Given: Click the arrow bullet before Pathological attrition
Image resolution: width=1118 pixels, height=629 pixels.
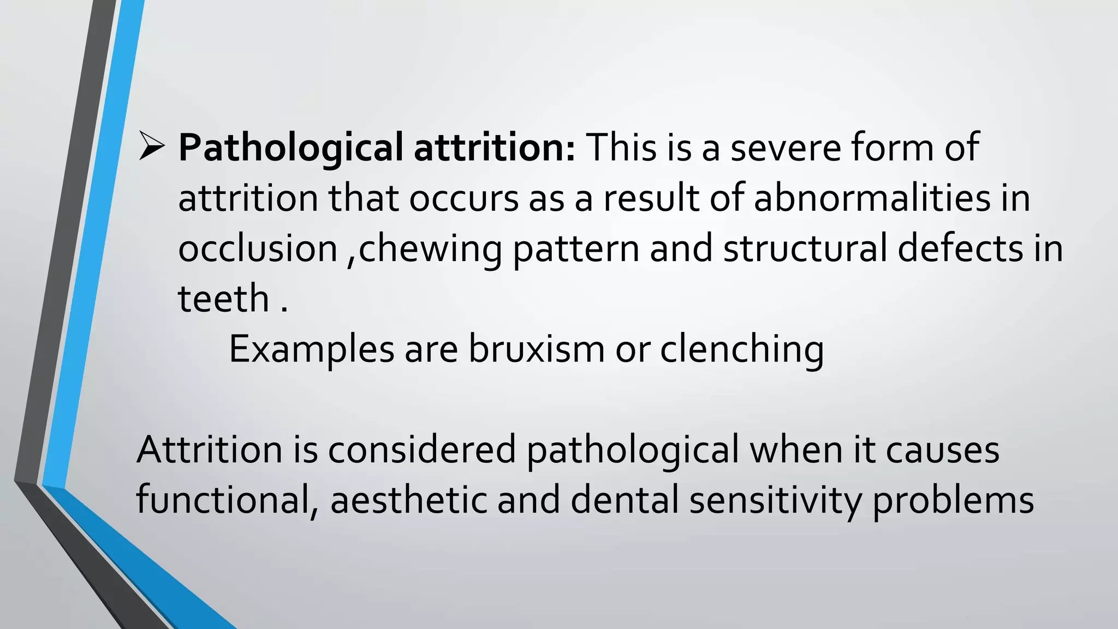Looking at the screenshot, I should [x=152, y=147].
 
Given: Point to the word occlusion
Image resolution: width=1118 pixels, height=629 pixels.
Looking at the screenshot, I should [x=258, y=248].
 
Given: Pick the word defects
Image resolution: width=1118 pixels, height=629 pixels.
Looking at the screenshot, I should [x=960, y=248].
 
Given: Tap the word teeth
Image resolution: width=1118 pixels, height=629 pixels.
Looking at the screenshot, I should [x=223, y=299].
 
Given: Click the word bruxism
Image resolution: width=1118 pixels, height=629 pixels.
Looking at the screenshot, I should [x=537, y=349].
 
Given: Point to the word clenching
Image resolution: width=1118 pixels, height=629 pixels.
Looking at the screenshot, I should [x=742, y=350].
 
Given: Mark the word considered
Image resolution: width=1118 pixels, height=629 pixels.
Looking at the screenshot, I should [x=422, y=450].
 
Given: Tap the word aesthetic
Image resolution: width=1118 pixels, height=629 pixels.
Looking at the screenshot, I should [x=408, y=500].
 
